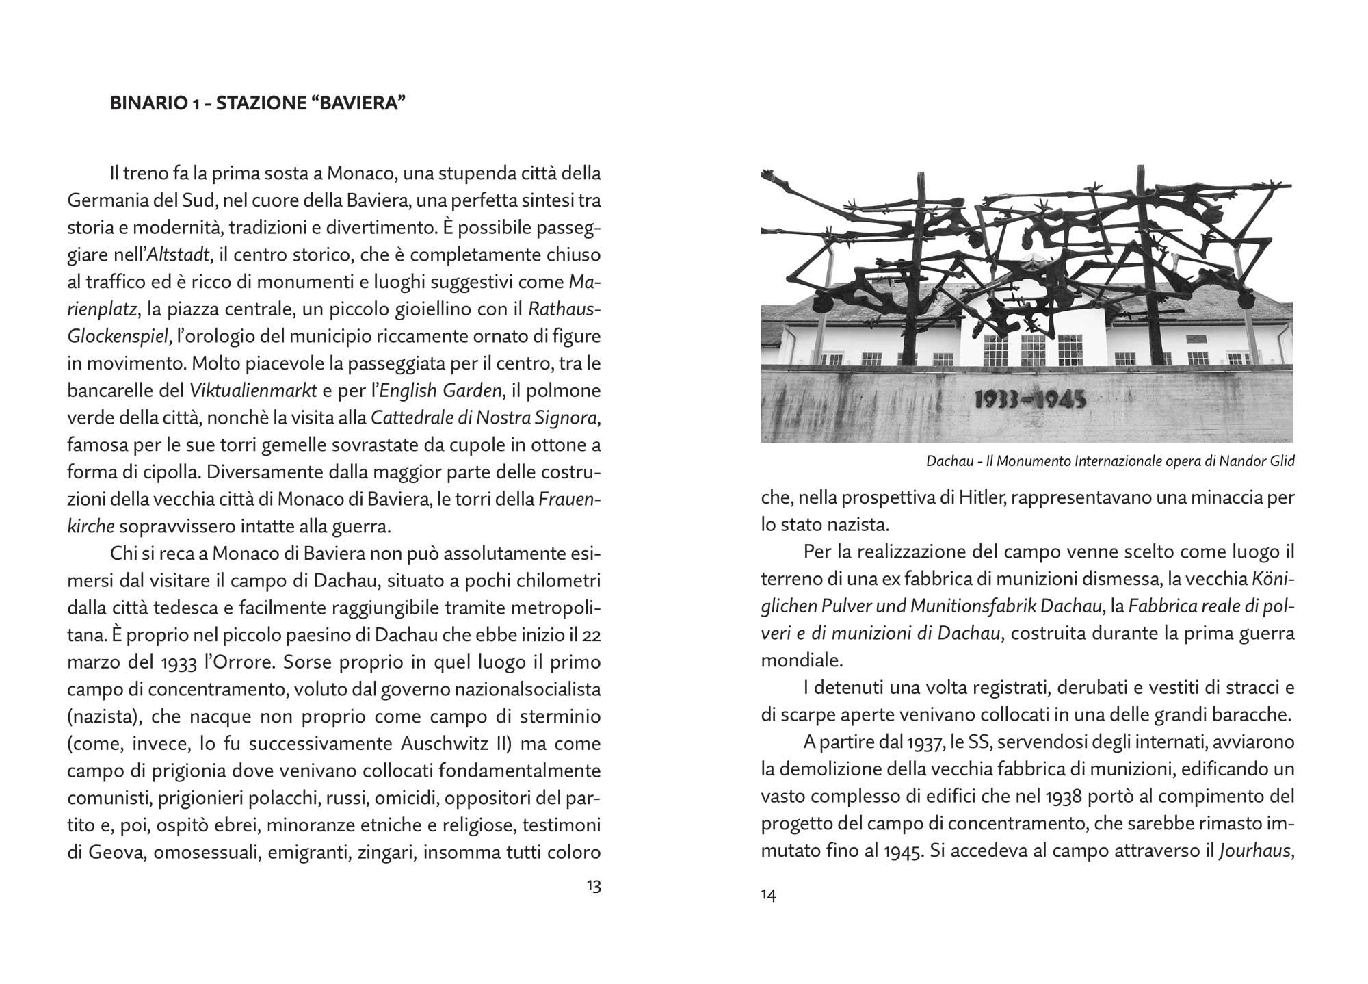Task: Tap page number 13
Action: coord(593,886)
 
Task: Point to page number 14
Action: coord(768,895)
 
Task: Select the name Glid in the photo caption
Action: coord(1282,461)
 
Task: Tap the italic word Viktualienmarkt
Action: coord(253,391)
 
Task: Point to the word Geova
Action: coord(116,853)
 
